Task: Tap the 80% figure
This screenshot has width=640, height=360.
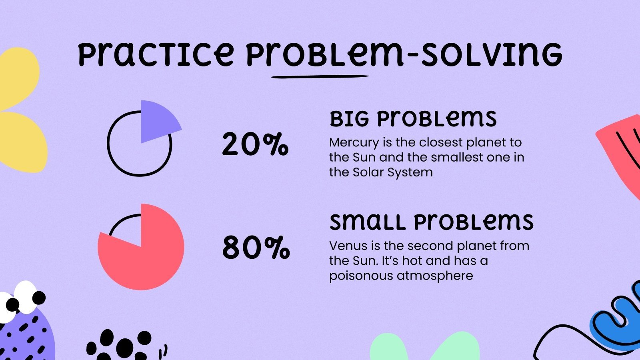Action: coord(256,248)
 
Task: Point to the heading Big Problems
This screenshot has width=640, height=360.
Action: coord(413,119)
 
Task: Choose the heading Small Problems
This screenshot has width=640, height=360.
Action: coord(431,222)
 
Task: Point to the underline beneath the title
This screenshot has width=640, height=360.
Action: coord(320,76)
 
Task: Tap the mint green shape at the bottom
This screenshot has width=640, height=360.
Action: coord(424,348)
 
